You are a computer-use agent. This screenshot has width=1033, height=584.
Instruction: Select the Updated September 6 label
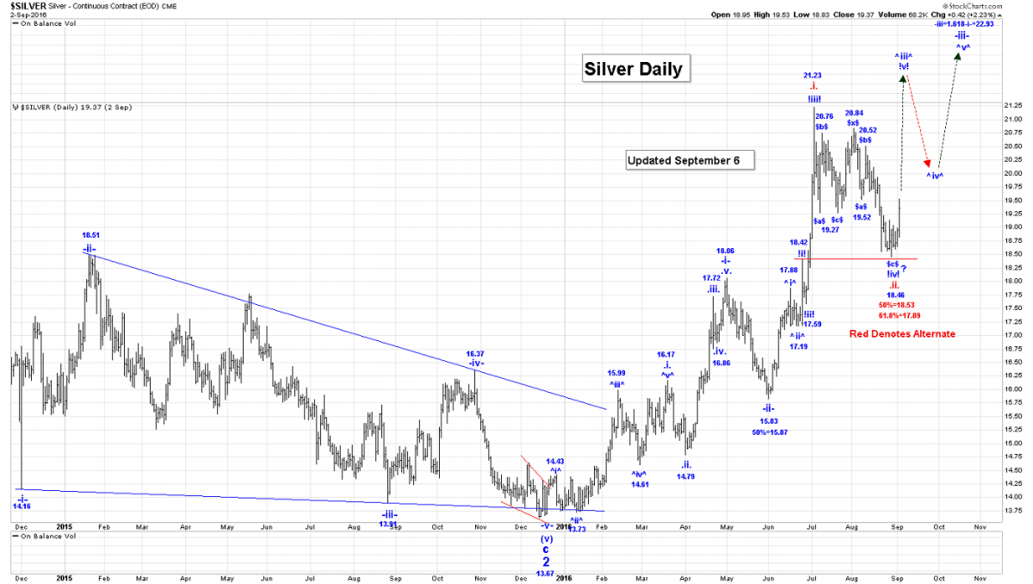click(x=690, y=160)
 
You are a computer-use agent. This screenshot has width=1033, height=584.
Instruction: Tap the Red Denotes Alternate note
click(x=902, y=333)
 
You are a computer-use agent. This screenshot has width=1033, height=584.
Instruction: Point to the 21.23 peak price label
click(x=813, y=76)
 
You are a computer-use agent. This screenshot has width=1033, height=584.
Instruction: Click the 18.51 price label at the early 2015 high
click(x=91, y=234)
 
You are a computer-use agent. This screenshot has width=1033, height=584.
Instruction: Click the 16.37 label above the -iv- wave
click(x=474, y=353)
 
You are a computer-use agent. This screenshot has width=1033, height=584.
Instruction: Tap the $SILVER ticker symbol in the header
click(x=28, y=5)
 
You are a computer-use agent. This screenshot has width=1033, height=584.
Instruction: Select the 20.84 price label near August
click(x=854, y=113)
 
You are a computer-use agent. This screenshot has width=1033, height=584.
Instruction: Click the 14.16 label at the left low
click(x=22, y=506)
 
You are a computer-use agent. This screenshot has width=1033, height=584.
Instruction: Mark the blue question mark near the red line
click(x=903, y=268)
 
